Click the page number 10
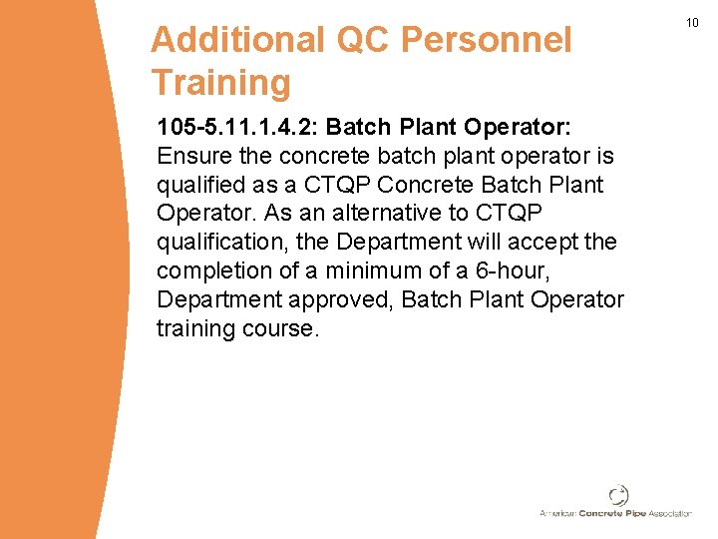[693, 23]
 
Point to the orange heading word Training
[220, 83]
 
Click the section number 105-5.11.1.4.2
[237, 128]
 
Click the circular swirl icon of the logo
[618, 495]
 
